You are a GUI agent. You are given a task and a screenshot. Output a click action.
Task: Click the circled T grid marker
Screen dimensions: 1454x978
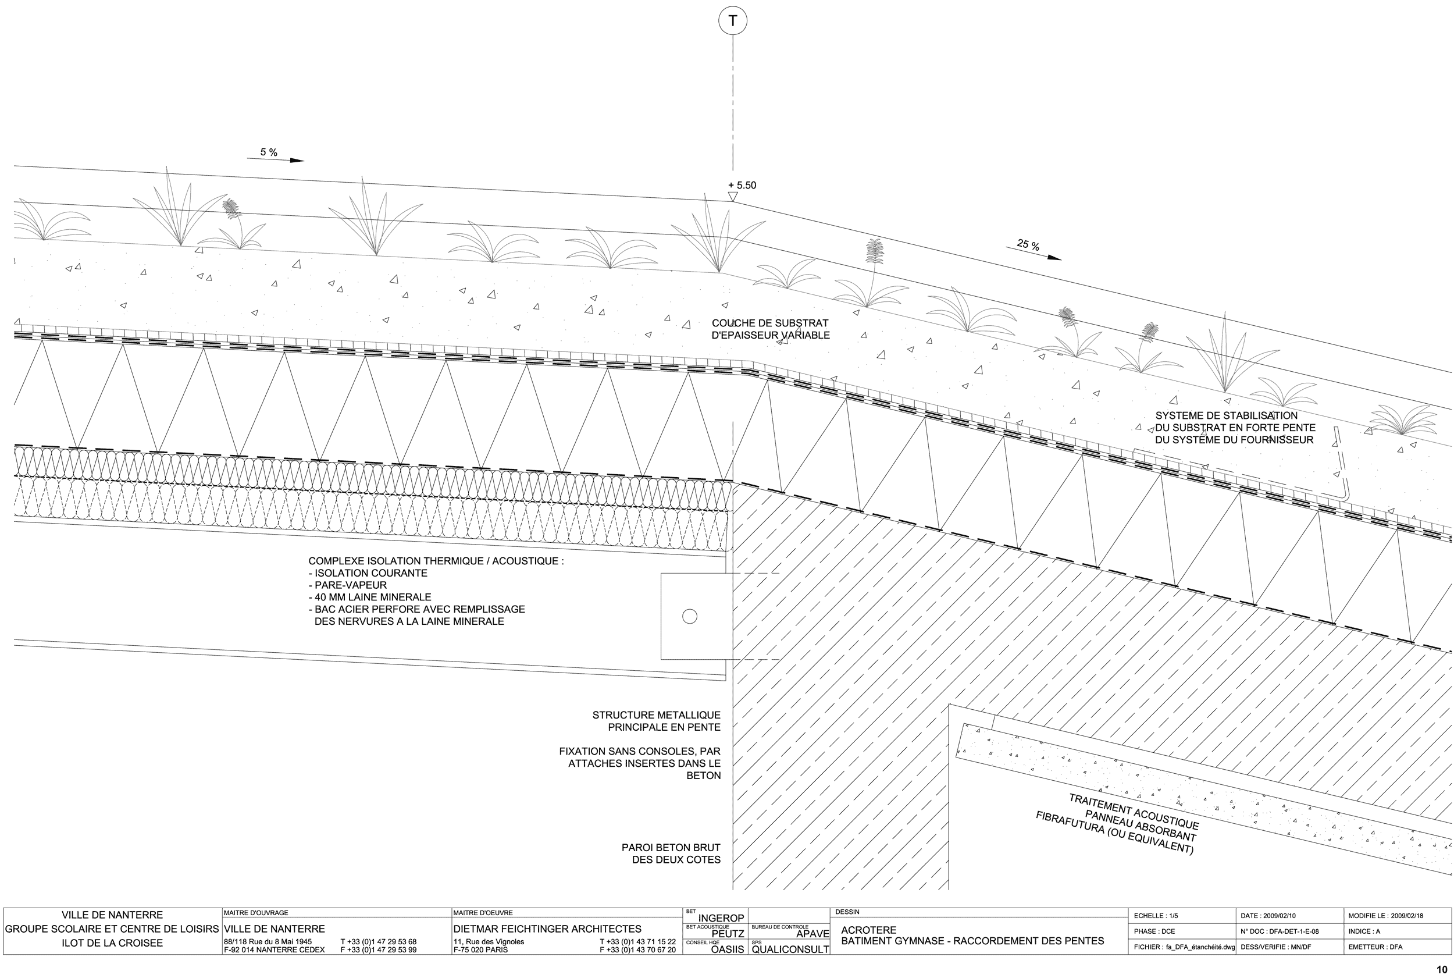point(733,20)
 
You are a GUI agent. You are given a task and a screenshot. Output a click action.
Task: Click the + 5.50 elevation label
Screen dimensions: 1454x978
point(742,185)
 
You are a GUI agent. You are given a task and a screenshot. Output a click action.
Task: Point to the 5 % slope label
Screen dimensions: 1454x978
point(269,152)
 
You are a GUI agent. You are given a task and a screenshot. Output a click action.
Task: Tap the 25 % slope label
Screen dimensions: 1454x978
point(1028,245)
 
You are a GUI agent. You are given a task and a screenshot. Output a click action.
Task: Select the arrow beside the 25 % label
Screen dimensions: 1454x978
point(1033,253)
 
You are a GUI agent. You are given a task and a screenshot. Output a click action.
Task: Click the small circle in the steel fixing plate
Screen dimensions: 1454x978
point(690,616)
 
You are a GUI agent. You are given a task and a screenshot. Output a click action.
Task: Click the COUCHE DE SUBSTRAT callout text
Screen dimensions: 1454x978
point(771,329)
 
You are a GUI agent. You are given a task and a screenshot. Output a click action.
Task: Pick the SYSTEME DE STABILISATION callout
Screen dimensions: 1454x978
point(1235,428)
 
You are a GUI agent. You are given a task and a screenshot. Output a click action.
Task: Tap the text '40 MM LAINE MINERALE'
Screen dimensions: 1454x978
point(370,597)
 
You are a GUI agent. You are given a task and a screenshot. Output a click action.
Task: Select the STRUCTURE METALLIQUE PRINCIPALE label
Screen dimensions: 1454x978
point(656,721)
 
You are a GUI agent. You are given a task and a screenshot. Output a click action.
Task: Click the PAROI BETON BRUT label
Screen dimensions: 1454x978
point(671,854)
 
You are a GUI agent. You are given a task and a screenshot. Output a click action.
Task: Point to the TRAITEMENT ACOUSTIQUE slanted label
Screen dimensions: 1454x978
point(1117,824)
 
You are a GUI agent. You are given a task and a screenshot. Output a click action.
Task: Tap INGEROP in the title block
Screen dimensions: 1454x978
point(721,918)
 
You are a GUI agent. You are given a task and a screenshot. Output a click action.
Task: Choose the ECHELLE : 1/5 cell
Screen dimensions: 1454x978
point(1156,916)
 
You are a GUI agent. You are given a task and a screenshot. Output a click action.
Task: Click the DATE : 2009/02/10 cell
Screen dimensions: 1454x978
point(1268,916)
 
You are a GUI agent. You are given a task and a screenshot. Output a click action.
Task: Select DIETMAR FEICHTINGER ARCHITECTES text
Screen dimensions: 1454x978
point(547,929)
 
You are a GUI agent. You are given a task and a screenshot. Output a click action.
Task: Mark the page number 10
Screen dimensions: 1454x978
point(1442,969)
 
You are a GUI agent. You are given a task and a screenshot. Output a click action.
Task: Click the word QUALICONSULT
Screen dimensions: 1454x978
point(790,949)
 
